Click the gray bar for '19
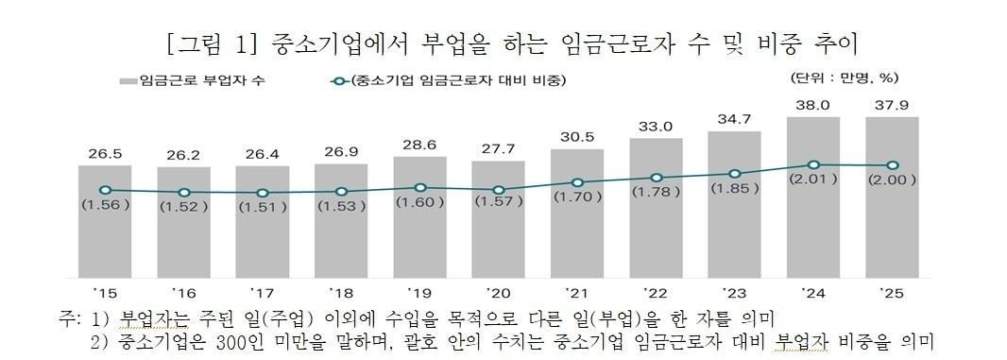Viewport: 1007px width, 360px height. pyautogui.click(x=419, y=227)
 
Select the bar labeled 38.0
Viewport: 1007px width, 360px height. pyautogui.click(x=813, y=208)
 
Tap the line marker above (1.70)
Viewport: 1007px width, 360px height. pyautogui.click(x=577, y=182)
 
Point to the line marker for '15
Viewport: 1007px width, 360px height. pyautogui.click(x=105, y=190)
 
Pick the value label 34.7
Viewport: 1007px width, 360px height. pyautogui.click(x=734, y=119)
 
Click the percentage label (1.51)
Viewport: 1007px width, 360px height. pyautogui.click(x=263, y=207)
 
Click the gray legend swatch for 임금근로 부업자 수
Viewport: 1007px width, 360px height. pyautogui.click(x=128, y=80)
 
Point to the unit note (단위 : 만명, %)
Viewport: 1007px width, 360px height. pyautogui.click(x=843, y=77)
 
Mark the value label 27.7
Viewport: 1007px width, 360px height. pyautogui.click(x=498, y=149)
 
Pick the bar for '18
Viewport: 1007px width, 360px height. pyautogui.click(x=341, y=231)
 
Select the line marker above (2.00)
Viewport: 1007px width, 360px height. pyautogui.click(x=892, y=165)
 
